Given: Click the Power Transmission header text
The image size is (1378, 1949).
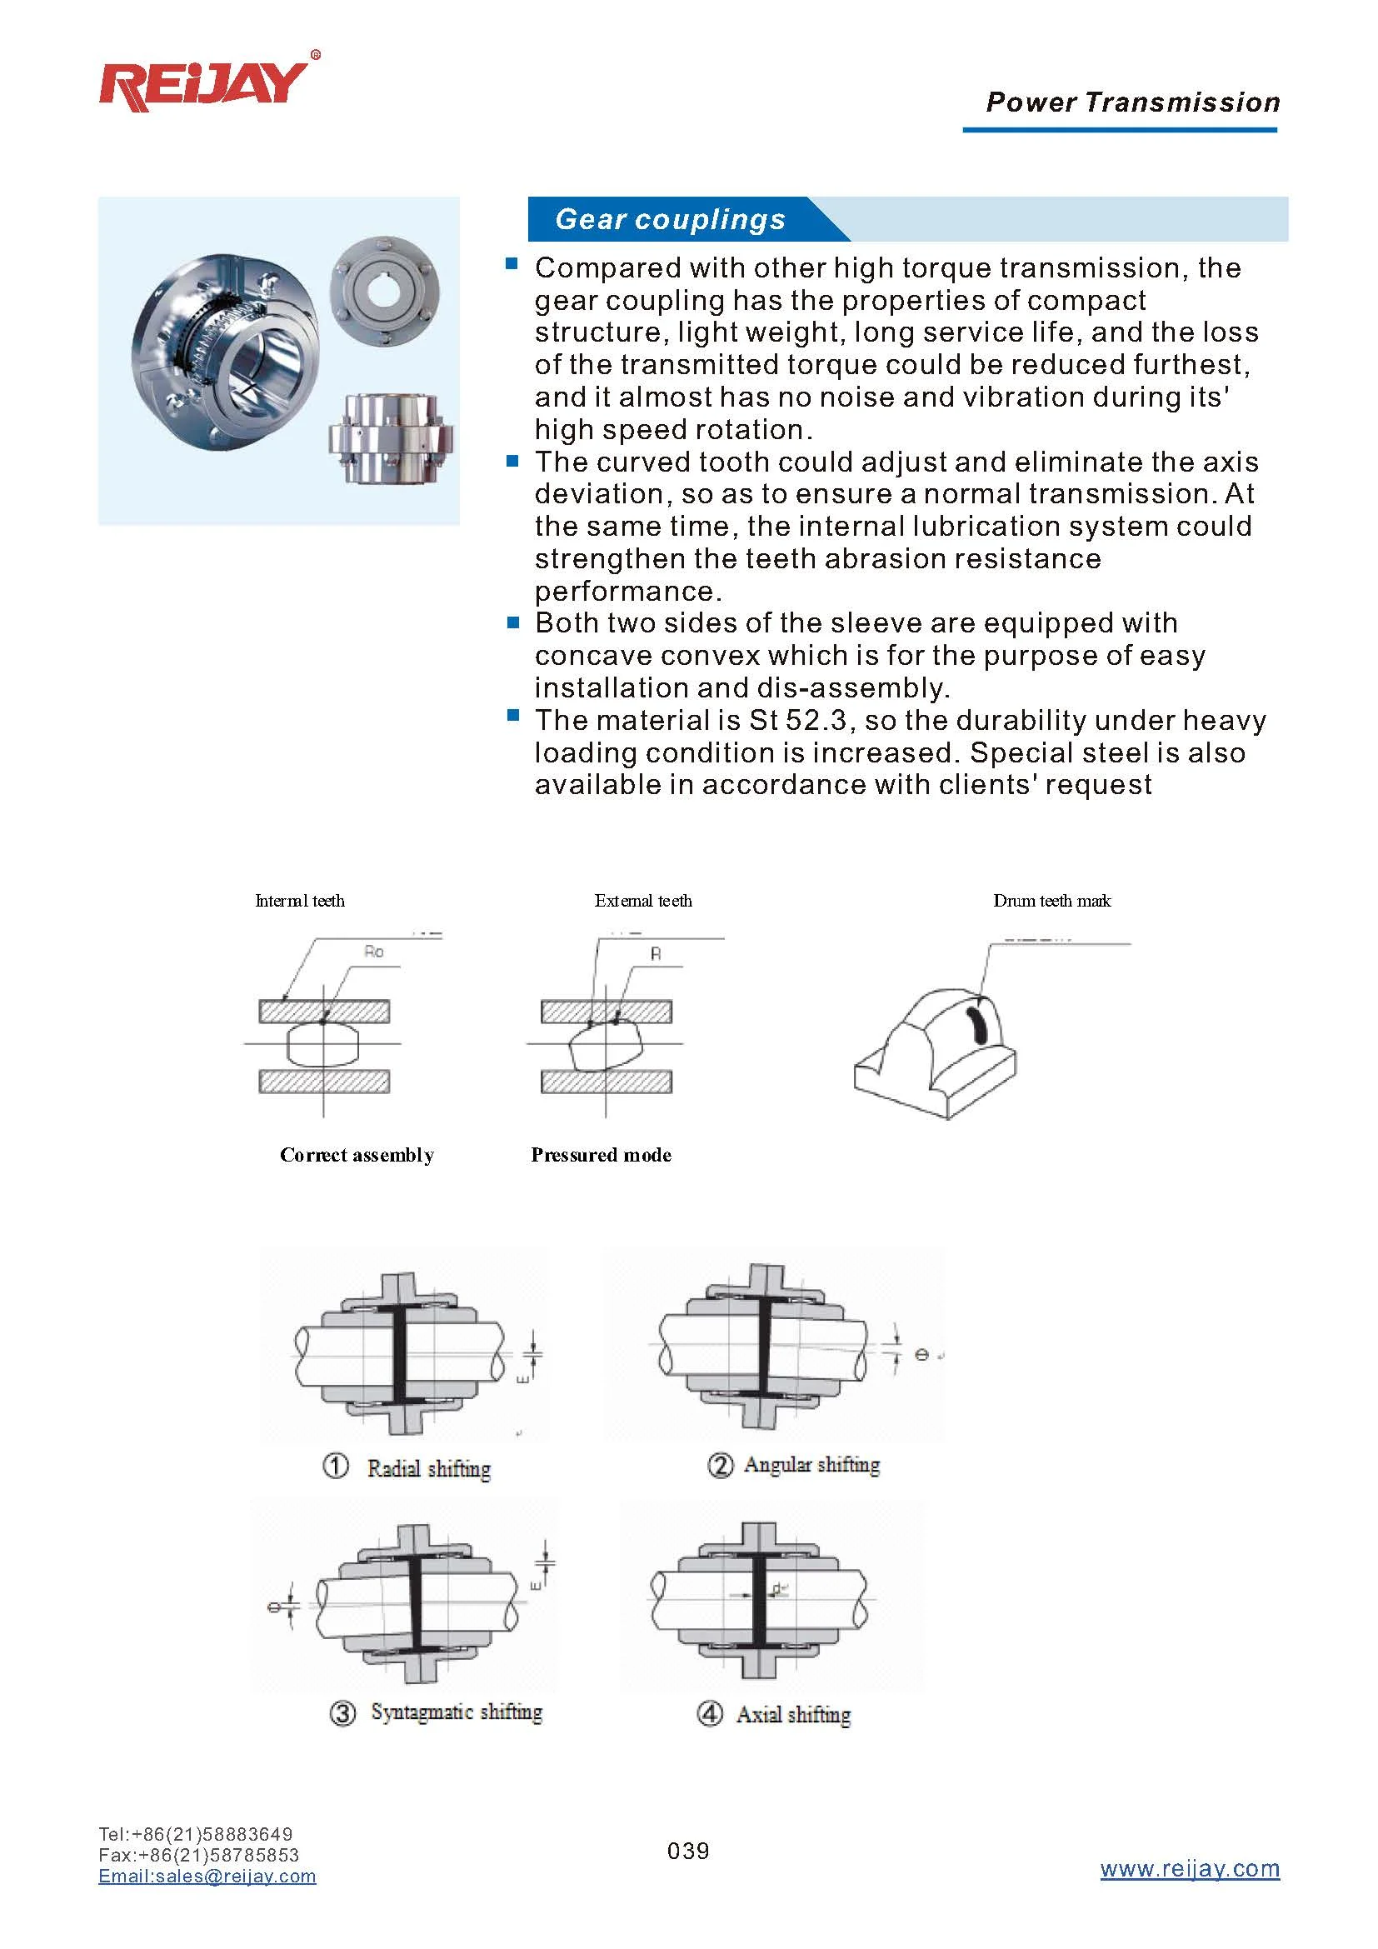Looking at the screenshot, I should coord(1132,102).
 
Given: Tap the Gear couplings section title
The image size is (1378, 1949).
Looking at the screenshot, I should coord(670,219).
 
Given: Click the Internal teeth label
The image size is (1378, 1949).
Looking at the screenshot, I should coord(300,901).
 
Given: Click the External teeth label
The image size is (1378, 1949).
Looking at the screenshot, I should coord(642,901).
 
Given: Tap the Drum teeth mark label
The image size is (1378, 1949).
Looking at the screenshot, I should coord(1051,901).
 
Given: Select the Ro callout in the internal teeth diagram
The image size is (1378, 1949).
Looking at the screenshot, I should coord(373,952).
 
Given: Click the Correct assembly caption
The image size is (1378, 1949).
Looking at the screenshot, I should coord(357,1154).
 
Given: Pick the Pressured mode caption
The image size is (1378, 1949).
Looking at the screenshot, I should coord(601,1154).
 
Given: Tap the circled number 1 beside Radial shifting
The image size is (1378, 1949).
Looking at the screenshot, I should coord(336,1466).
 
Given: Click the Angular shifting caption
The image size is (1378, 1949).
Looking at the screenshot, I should coord(811,1464).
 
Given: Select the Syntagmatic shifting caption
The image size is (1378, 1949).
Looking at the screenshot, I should coord(456,1712).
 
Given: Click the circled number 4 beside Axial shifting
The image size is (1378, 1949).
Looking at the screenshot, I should coord(709,1713).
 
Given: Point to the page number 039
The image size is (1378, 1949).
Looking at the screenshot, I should coord(688,1851).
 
